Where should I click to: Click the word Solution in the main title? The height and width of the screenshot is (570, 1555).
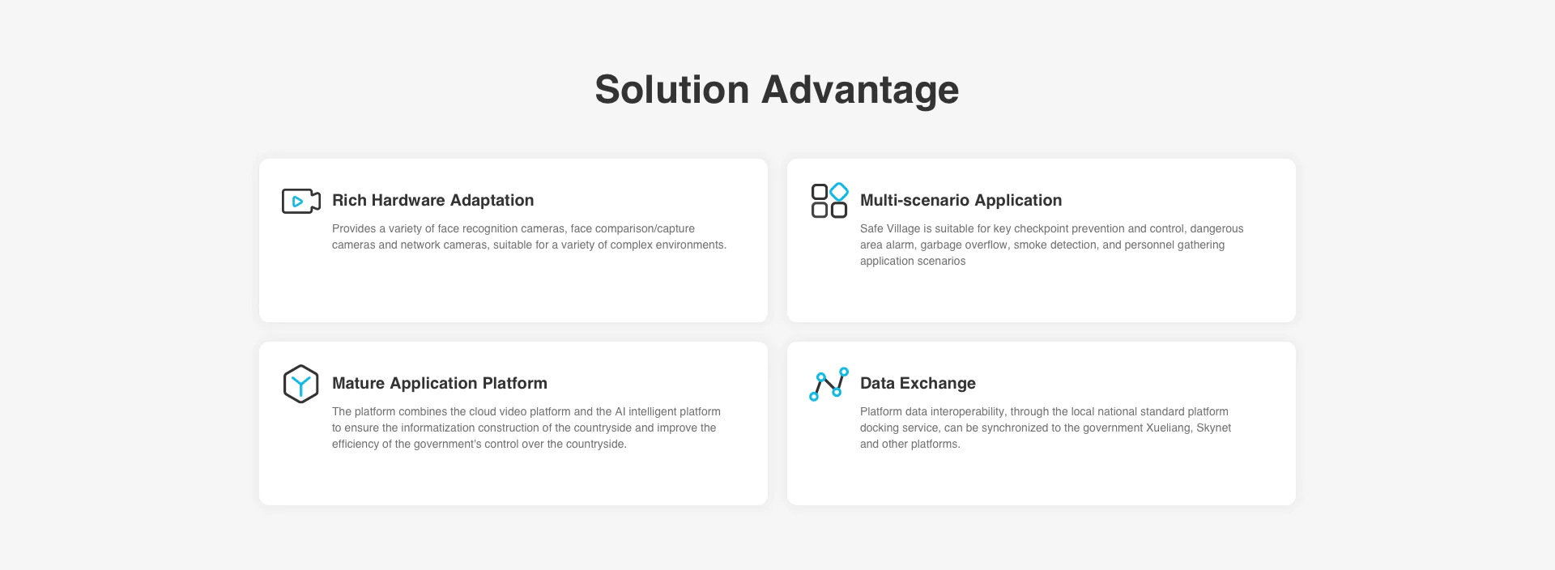coord(672,89)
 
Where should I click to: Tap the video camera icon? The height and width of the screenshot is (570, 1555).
coord(301,201)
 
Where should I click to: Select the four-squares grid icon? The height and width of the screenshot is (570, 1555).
coord(829,200)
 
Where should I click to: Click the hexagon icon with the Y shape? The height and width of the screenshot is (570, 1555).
coord(300,384)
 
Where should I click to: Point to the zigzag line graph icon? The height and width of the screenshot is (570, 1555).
coord(829,384)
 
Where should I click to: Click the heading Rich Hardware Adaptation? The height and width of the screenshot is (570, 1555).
coord(432,200)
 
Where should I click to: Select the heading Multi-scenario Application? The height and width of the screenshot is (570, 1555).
coord(961,200)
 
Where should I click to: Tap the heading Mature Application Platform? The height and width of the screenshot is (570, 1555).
coord(440,383)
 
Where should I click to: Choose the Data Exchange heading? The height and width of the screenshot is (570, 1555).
coord(918,383)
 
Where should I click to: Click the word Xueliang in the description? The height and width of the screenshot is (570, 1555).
coord(1169,427)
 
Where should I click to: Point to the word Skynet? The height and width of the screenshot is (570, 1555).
coord(1214,427)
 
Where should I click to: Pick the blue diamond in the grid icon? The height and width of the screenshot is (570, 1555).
coord(839,191)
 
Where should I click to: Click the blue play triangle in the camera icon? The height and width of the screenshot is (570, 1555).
coord(297,202)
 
